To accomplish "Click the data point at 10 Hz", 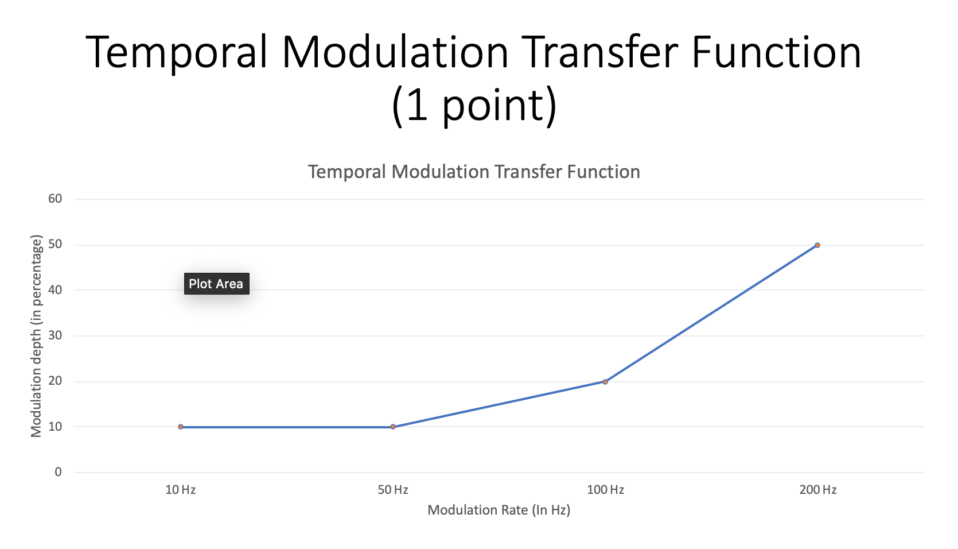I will (x=181, y=427).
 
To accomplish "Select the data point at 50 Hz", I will (x=393, y=427).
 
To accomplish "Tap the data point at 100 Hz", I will (x=605, y=381).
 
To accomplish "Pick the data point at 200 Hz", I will (x=817, y=245).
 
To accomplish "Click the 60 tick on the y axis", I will (x=55, y=199).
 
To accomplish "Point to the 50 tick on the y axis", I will (x=55, y=244).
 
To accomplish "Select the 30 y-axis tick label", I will (x=55, y=335).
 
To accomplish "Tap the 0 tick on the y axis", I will (x=58, y=472).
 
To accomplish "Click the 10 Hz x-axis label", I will (x=181, y=490).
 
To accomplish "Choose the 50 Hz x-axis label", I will (x=393, y=490).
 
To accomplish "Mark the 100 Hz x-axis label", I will (x=605, y=490).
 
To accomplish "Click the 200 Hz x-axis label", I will (x=818, y=490).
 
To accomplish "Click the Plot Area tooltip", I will (x=216, y=284).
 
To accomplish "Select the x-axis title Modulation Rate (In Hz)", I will (x=499, y=510).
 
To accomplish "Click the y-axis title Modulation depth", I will (x=37, y=336).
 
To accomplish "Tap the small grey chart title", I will (x=474, y=172).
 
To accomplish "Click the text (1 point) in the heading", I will (x=474, y=106).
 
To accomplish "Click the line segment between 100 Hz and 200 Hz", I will (x=711, y=314).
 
